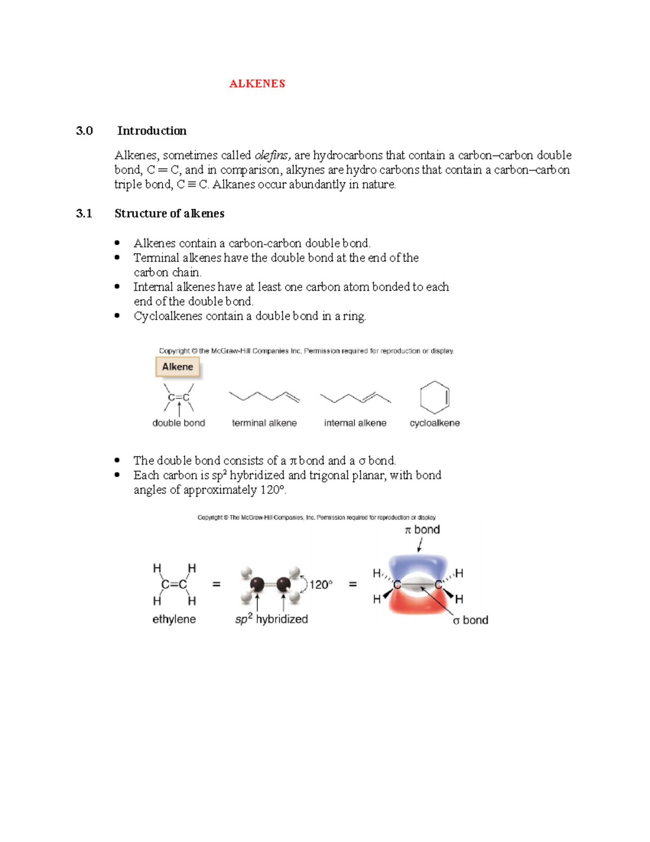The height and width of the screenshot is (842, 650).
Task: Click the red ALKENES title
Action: (x=257, y=83)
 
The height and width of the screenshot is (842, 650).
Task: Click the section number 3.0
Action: (x=84, y=131)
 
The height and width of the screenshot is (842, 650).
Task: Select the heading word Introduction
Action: (x=152, y=131)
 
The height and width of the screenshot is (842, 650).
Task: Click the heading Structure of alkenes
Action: (x=169, y=214)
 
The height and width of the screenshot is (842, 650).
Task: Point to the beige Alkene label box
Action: (x=178, y=367)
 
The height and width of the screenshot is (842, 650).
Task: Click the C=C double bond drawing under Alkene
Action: (x=179, y=397)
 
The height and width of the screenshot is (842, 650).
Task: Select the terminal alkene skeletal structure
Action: (x=264, y=397)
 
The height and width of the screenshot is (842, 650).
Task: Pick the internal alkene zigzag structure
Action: (x=355, y=398)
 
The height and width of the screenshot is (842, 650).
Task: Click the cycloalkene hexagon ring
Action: (x=434, y=397)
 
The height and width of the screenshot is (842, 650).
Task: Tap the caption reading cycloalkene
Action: (x=434, y=423)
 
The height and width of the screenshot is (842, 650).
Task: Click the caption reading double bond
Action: (x=179, y=423)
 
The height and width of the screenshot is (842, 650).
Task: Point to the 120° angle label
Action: (x=321, y=584)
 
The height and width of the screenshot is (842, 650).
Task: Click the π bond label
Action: (x=422, y=530)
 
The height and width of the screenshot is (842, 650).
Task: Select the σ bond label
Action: (x=470, y=620)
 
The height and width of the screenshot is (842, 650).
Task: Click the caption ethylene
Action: (x=174, y=619)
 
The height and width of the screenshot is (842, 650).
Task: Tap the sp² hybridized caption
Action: (x=271, y=619)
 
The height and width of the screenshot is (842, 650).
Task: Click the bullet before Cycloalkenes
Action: (x=117, y=316)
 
